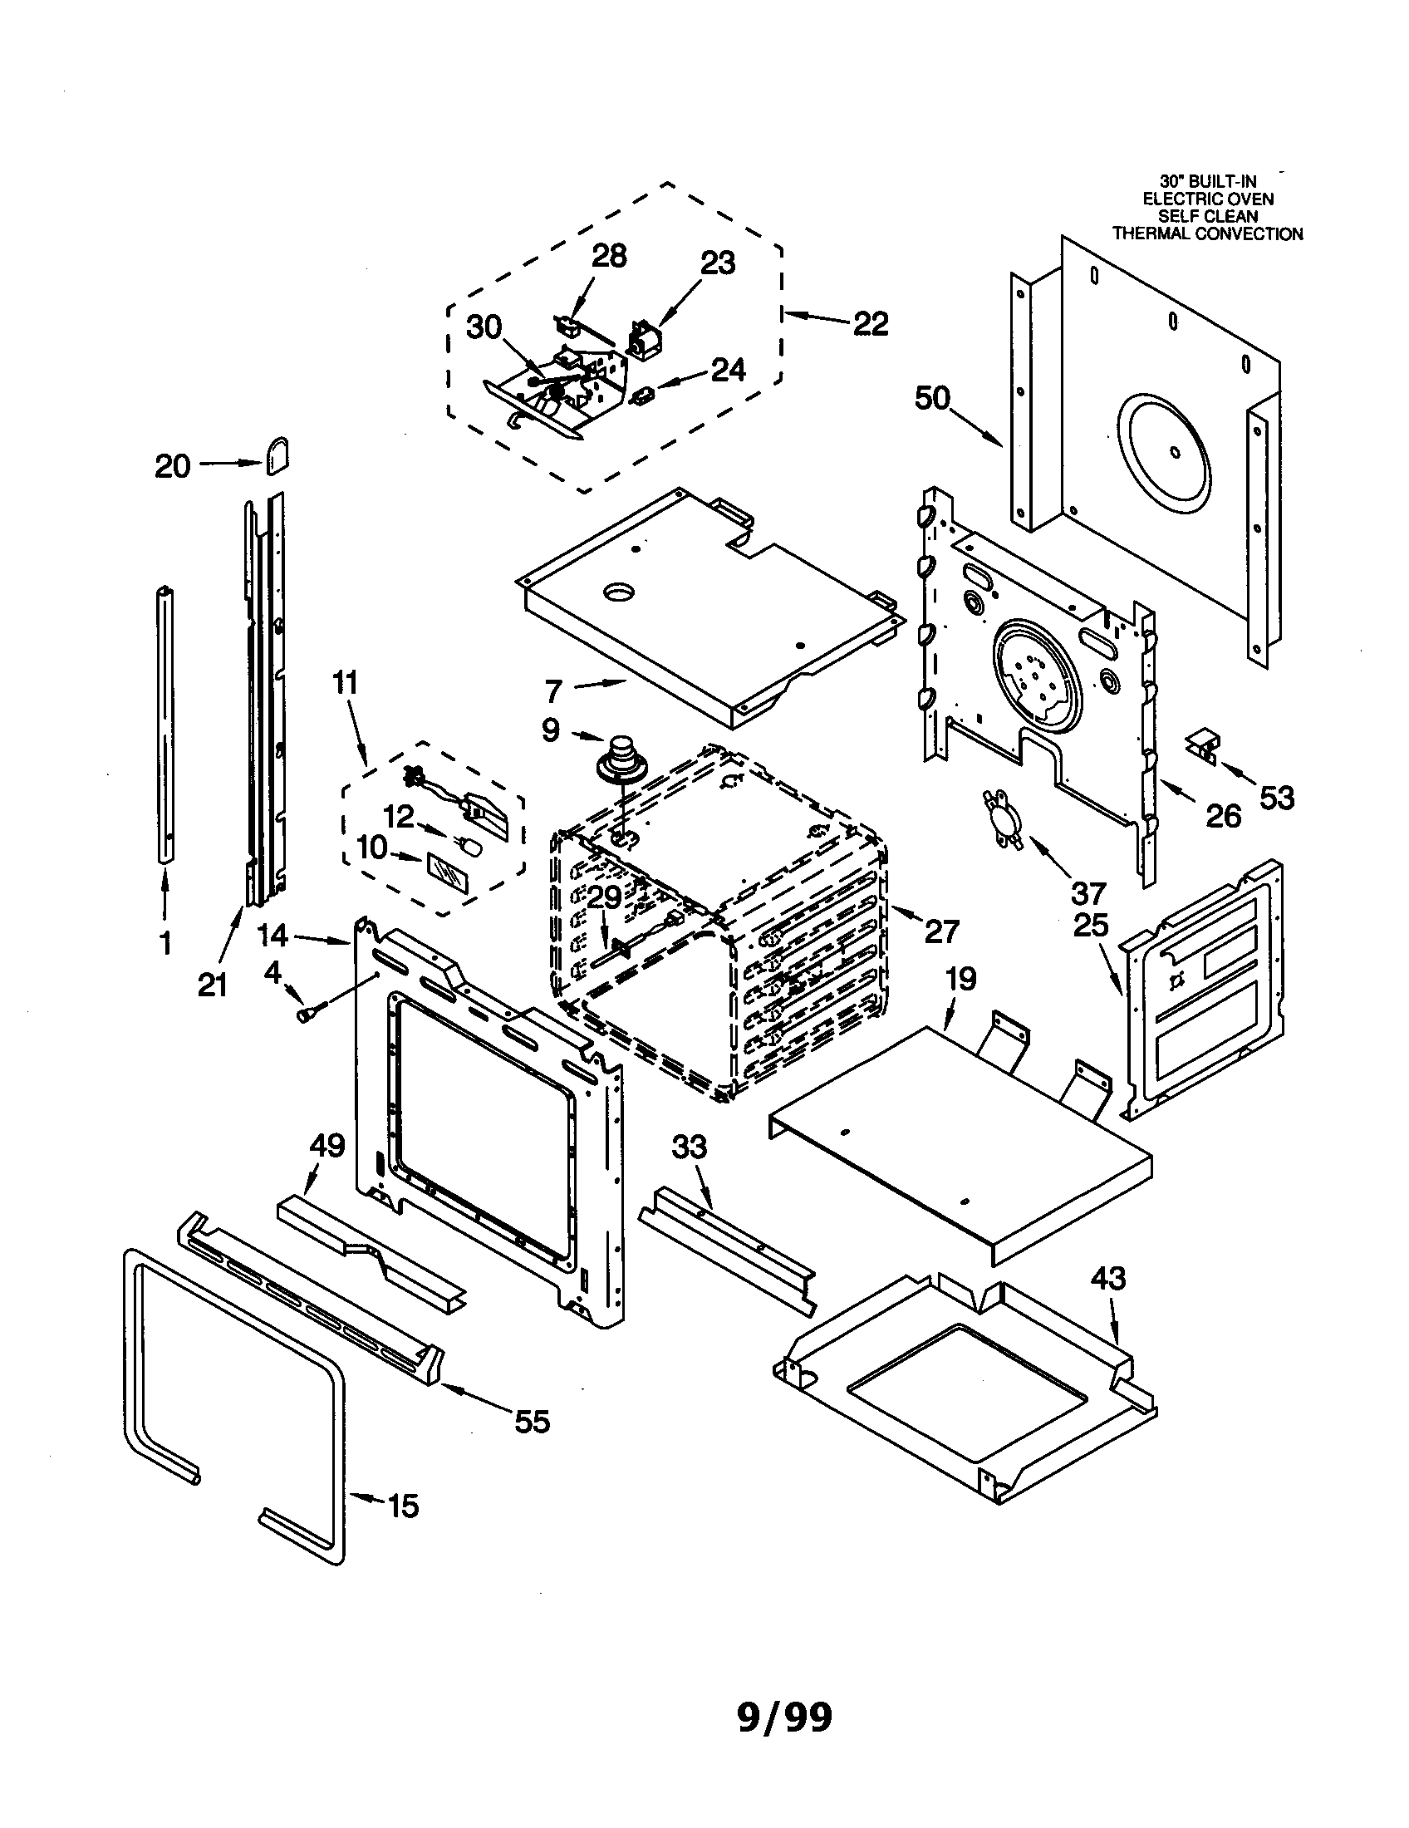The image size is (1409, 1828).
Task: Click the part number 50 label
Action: (932, 398)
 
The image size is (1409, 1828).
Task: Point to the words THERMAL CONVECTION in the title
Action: (1206, 234)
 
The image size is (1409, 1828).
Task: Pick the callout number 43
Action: (1107, 1278)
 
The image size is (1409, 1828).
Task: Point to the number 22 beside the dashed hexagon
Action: (870, 323)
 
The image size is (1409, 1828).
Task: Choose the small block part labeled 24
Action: (643, 394)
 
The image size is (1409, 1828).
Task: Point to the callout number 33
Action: (689, 1146)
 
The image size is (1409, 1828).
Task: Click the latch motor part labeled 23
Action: (644, 341)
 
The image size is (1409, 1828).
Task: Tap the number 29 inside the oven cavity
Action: (603, 897)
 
